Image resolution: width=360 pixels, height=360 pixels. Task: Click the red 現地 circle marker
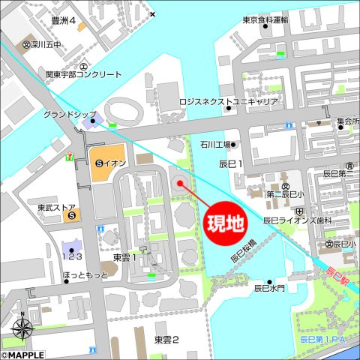226,223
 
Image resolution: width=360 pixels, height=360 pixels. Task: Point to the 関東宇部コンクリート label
83,75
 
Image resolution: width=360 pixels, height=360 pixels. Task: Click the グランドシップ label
66,115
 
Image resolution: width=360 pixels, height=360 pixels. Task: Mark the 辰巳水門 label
269,287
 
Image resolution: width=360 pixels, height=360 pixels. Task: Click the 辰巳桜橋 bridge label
243,251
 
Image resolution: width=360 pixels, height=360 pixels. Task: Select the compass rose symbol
22,328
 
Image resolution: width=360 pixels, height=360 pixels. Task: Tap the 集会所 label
347,121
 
